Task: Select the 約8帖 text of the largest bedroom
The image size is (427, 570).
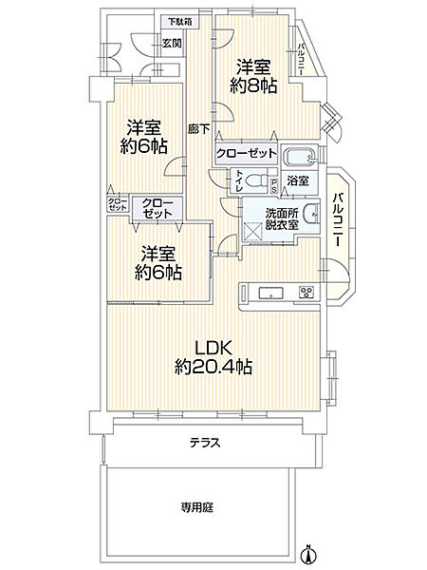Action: pos(255,85)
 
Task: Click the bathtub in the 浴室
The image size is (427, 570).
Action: pos(299,156)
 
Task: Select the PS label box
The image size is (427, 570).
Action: pos(273,184)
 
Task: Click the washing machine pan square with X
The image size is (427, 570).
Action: pos(253,229)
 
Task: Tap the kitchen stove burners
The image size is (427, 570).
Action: pos(306,292)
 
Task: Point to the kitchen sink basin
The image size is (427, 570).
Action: pos(268,292)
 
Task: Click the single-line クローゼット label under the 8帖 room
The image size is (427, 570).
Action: pos(247,153)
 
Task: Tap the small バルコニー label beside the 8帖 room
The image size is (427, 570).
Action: pos(301,59)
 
